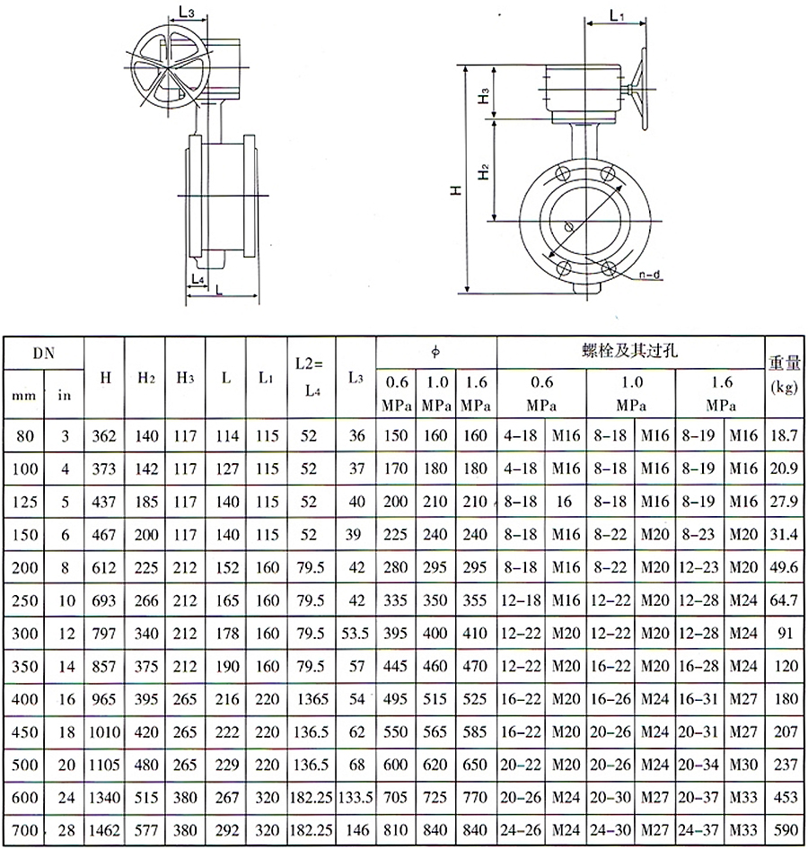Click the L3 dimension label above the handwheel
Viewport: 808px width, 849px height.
(x=187, y=13)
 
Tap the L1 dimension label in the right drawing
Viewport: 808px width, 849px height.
(x=617, y=15)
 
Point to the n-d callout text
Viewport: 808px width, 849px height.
(x=649, y=275)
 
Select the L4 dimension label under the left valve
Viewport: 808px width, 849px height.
(x=198, y=279)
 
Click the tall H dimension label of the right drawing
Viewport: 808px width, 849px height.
(x=457, y=190)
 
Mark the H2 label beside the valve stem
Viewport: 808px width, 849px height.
(x=483, y=171)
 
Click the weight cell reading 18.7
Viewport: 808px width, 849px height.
(x=784, y=435)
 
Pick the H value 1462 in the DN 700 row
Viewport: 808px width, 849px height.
(x=104, y=830)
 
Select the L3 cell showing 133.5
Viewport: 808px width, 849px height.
(x=356, y=797)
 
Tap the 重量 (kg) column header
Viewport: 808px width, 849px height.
(x=784, y=373)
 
